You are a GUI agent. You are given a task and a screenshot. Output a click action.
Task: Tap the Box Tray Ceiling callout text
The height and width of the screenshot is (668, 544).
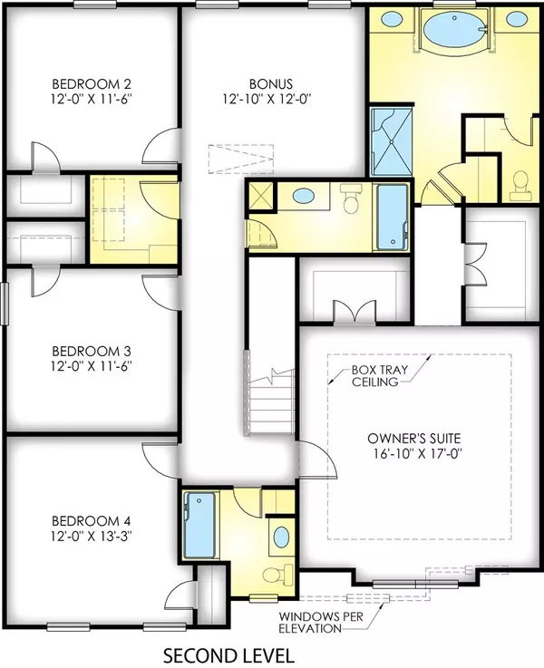(x=373, y=376)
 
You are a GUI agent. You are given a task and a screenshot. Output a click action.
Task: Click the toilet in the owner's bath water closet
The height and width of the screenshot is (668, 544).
(x=520, y=185)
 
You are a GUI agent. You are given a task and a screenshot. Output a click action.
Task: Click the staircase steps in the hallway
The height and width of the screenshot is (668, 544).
(x=272, y=396)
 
